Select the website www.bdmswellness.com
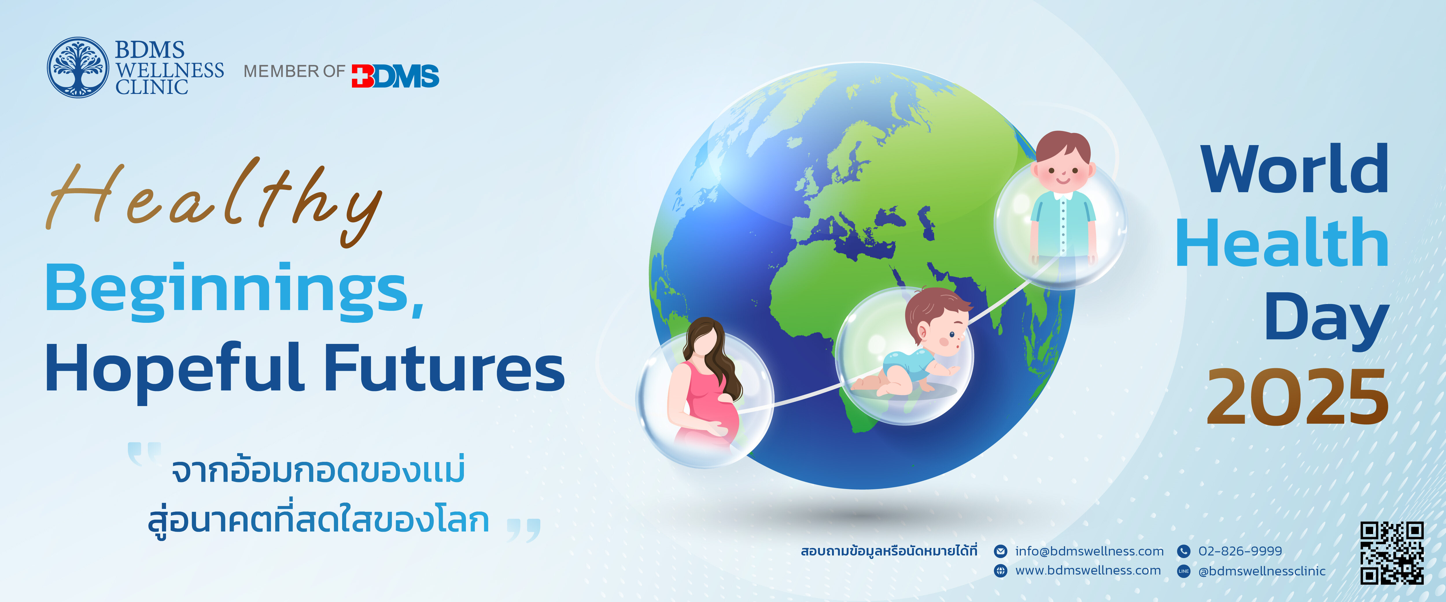pos(1088,570)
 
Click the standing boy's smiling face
pos(1063,168)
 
